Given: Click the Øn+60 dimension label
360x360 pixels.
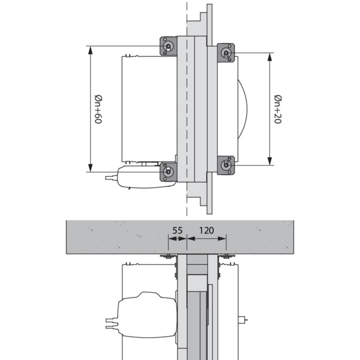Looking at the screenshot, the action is (98, 109).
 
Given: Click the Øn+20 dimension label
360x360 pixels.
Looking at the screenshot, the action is (278, 109).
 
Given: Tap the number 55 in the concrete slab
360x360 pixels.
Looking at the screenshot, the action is (177, 230).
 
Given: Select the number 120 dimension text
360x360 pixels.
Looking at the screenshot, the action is (206, 230).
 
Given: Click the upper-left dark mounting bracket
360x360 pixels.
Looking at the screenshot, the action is (168, 46).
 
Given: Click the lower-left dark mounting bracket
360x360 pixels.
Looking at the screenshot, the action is (168, 172).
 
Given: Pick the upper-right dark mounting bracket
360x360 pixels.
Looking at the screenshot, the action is (226, 53).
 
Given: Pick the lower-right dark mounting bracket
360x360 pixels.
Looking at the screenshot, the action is (226, 165).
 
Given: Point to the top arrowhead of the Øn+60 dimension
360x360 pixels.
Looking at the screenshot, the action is (91, 50).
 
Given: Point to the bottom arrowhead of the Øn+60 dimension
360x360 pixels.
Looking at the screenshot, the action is (91, 167).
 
